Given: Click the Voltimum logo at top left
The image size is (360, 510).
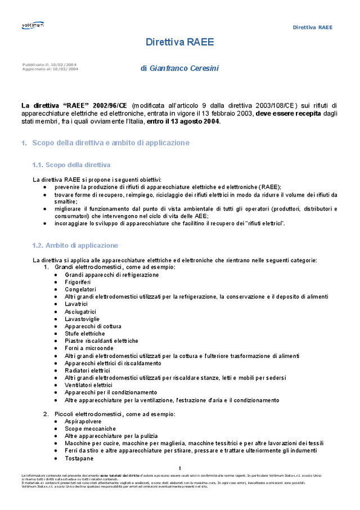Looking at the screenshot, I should pos(33,25).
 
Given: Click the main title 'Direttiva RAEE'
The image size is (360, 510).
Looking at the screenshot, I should pos(179,42).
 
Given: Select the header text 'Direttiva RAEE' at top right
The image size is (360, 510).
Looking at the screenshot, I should pos(312,27).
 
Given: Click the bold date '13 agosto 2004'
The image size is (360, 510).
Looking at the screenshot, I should pos(196,121).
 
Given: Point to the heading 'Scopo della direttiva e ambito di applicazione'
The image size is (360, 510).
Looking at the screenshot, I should pos(111,143).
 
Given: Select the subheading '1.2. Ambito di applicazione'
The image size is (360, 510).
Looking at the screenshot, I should pos(75,245).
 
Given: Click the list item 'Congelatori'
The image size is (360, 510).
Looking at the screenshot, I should pos(80,289).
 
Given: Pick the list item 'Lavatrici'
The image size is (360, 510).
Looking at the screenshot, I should pos(76,304).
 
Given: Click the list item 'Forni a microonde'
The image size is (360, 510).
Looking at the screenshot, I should pos(89,348).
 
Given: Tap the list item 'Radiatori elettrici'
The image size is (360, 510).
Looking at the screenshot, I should pos(87,370).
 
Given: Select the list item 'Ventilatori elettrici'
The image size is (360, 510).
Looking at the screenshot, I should pos(88,385).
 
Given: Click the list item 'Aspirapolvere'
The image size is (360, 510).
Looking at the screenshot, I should pos(84,421).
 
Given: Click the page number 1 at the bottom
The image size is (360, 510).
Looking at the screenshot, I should pos(179,468).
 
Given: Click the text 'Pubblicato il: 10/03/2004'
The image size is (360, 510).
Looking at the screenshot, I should pos(50,65).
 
